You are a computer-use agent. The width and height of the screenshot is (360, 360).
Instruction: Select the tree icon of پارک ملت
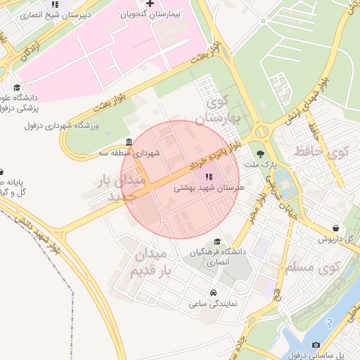[261, 154]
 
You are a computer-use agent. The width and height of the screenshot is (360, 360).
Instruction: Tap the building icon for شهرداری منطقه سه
[128, 142]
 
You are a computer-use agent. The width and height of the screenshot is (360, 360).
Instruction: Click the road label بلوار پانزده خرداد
[204, 157]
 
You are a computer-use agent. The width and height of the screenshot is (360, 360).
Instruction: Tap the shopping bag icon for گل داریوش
[336, 229]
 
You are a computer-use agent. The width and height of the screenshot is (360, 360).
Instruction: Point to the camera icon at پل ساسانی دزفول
[316, 345]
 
